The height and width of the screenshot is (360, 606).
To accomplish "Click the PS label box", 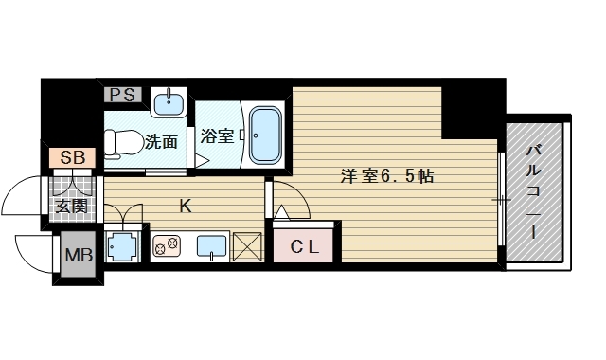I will (x=121, y=94).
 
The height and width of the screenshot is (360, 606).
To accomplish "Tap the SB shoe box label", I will (x=71, y=158).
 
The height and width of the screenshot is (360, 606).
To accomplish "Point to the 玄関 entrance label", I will (x=71, y=205).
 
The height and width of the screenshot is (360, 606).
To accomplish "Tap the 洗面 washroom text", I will (x=161, y=143).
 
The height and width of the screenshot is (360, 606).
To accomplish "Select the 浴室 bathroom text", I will (x=217, y=136).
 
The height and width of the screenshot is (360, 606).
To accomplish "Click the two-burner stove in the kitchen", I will (x=167, y=247).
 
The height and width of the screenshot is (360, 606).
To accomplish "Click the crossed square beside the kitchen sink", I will (x=248, y=247).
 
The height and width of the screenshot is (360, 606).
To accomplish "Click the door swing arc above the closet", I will (x=290, y=199).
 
